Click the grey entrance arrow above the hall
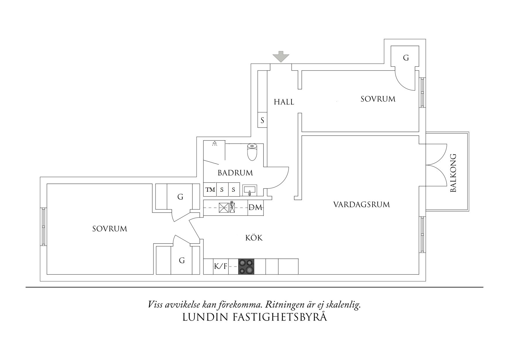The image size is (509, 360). (x=281, y=56)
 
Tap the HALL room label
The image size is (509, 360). (x=284, y=102)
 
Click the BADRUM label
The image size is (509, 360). (x=235, y=173)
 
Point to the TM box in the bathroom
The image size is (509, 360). (x=210, y=190)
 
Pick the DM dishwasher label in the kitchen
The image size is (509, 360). (x=255, y=208)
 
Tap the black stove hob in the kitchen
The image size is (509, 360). (x=246, y=267)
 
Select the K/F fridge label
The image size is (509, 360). (x=221, y=266)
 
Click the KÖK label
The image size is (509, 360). (x=254, y=238)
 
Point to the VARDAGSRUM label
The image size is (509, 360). (x=361, y=205)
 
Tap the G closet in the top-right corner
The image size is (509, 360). (x=406, y=58)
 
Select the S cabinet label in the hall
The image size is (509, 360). (x=262, y=120)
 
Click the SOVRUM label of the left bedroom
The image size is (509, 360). (x=110, y=229)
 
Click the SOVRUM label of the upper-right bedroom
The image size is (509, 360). (x=378, y=99)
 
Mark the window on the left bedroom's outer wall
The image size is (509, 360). (x=43, y=226)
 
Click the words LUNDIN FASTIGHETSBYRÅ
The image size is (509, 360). (x=255, y=317)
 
